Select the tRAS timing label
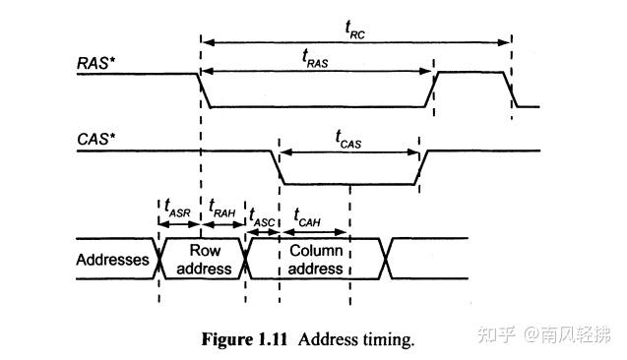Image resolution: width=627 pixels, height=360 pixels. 316,58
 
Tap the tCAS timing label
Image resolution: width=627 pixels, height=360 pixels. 347,141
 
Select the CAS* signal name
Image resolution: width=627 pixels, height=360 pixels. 96,140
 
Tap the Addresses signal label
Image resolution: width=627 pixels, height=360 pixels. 112,260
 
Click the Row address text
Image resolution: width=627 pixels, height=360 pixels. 204,259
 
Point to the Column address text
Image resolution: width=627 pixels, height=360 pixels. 315,259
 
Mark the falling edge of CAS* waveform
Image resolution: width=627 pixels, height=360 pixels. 277,167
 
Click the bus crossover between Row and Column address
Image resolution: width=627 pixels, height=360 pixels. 245,258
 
